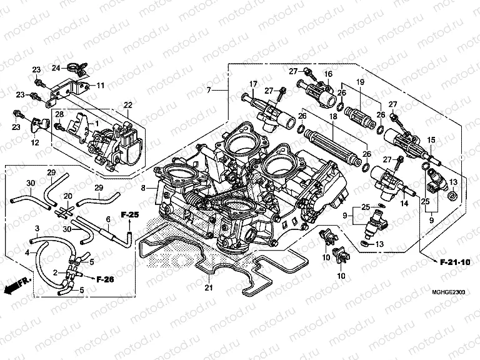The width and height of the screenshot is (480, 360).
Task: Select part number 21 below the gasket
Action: [x=209, y=288]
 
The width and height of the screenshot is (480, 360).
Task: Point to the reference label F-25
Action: [x=129, y=215]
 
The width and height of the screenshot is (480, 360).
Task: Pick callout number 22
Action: [x=128, y=104]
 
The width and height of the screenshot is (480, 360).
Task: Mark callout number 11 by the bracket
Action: [x=101, y=85]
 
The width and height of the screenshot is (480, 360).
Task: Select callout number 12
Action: [x=36, y=142]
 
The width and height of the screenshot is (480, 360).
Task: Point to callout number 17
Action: [x=254, y=84]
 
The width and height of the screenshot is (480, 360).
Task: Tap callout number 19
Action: [x=360, y=82]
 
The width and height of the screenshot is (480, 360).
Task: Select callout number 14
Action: [x=404, y=202]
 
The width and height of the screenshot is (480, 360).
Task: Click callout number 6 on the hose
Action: [x=107, y=219]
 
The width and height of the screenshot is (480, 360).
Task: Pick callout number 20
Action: [x=68, y=196]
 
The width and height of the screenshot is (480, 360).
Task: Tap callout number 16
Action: [x=326, y=74]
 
